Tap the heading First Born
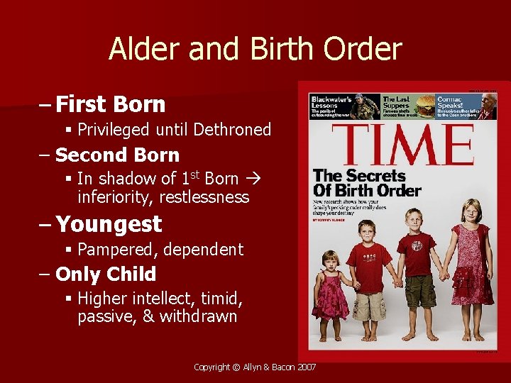110,104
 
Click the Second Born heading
117,155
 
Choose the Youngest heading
109,224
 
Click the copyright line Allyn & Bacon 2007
255,367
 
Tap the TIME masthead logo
403,145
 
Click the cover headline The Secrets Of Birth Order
367,183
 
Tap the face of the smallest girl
331,261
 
